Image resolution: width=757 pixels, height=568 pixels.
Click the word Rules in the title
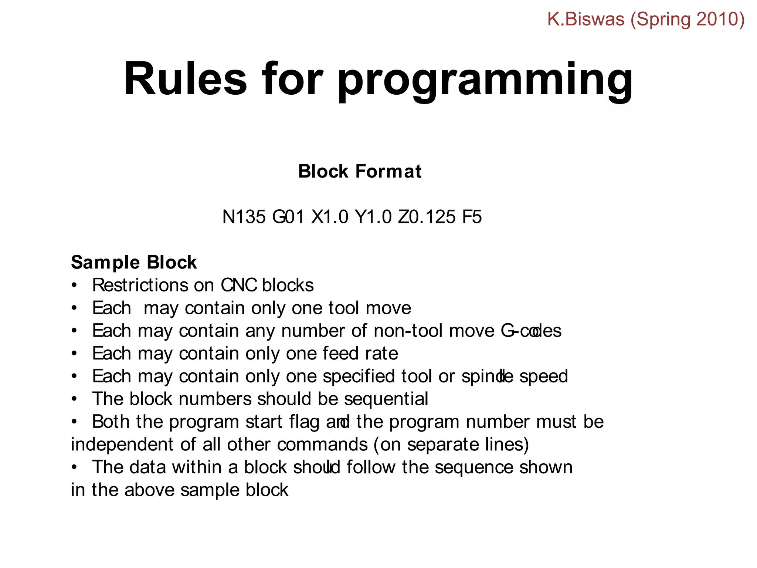(x=185, y=80)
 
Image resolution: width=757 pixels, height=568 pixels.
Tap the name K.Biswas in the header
(x=586, y=19)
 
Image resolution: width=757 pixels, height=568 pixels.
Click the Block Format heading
(x=360, y=172)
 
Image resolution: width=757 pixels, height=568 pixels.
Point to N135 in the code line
(x=244, y=217)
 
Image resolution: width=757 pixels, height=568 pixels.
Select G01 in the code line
(x=288, y=217)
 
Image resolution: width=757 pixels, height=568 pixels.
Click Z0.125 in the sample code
(x=427, y=217)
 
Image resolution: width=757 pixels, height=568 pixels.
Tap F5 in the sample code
(x=472, y=217)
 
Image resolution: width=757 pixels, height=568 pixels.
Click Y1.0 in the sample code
(x=373, y=217)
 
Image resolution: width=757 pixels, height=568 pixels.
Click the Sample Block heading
(x=134, y=263)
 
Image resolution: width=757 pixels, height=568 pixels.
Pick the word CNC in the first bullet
(x=239, y=285)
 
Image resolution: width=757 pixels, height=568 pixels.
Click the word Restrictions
(x=140, y=285)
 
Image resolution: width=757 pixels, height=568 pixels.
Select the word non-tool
(x=408, y=331)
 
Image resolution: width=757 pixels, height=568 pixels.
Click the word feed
(x=341, y=354)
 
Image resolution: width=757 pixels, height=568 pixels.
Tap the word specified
(x=359, y=377)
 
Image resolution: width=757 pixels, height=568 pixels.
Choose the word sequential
(x=386, y=399)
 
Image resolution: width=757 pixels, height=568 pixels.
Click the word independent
(x=122, y=444)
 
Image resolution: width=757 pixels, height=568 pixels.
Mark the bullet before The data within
(x=75, y=467)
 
